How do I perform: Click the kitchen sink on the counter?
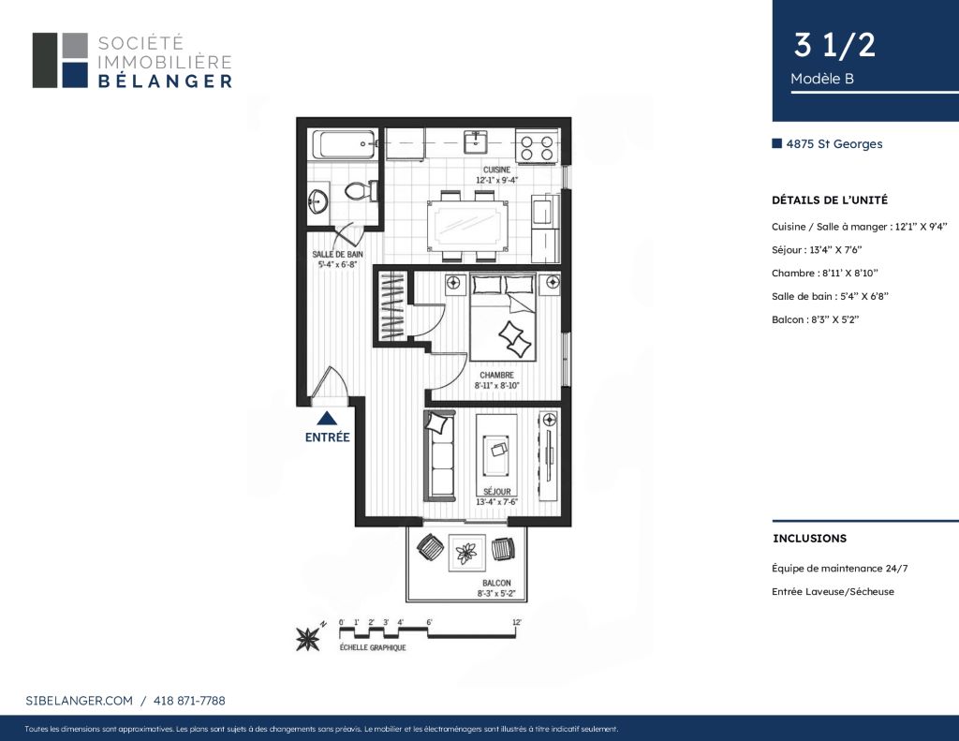coord(475,142)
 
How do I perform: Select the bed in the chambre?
coord(503,317)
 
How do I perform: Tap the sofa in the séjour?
coord(440,456)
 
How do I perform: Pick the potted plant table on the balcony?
coord(467,553)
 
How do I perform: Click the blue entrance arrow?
coord(327,418)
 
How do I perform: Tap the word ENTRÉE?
coord(327,437)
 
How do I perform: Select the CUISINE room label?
coord(496,170)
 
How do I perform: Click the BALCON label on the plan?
coord(496,583)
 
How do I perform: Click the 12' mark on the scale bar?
coord(517,622)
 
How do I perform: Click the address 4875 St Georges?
coord(834,143)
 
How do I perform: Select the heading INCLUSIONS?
coord(810,539)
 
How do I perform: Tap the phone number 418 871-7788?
coord(189,701)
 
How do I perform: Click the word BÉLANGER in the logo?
coord(165,81)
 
